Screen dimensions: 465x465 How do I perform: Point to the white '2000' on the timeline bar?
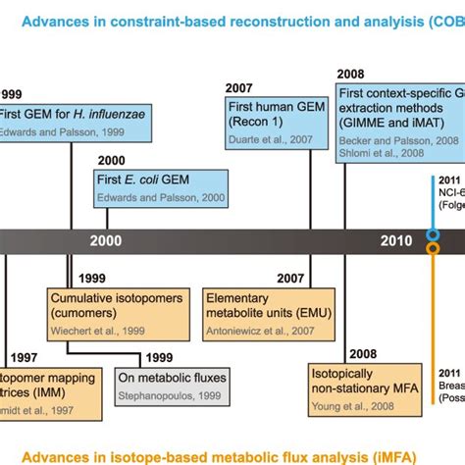[106, 240]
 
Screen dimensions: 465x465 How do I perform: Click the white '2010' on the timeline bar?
[396, 240]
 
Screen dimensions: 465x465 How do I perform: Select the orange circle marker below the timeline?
[433, 249]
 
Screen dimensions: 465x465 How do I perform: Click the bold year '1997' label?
[25, 358]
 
